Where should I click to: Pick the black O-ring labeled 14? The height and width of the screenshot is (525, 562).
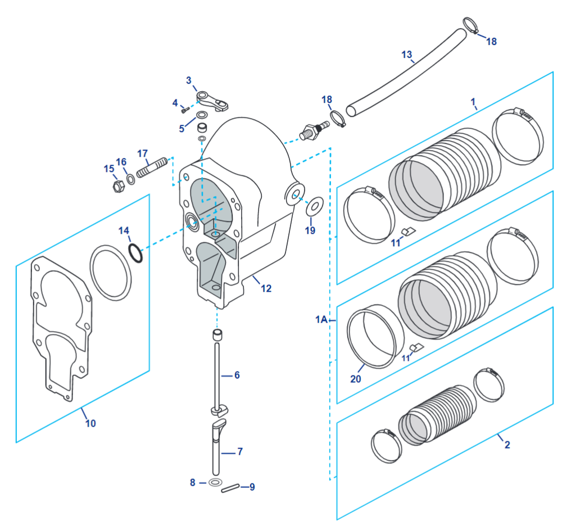(136, 252)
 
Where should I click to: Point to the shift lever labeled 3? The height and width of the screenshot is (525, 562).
(212, 100)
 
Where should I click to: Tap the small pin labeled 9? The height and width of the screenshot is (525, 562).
(229, 488)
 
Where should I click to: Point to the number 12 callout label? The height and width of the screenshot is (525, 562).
(266, 288)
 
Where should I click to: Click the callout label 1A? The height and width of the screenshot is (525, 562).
(321, 320)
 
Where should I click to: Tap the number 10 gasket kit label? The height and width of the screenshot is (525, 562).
(90, 423)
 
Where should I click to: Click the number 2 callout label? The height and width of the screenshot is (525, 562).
(507, 445)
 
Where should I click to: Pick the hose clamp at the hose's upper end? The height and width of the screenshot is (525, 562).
(471, 26)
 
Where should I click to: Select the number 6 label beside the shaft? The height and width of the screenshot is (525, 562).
(237, 375)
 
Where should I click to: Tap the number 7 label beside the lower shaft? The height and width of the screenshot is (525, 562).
(239, 451)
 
